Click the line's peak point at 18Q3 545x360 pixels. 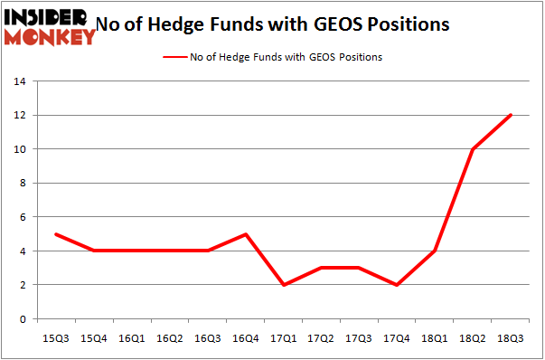point(511,115)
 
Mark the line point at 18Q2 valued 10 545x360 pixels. point(473,149)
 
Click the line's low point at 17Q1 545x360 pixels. point(285,285)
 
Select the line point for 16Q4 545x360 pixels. point(247,234)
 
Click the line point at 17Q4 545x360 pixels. point(398,285)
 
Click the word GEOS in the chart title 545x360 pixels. point(335,24)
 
